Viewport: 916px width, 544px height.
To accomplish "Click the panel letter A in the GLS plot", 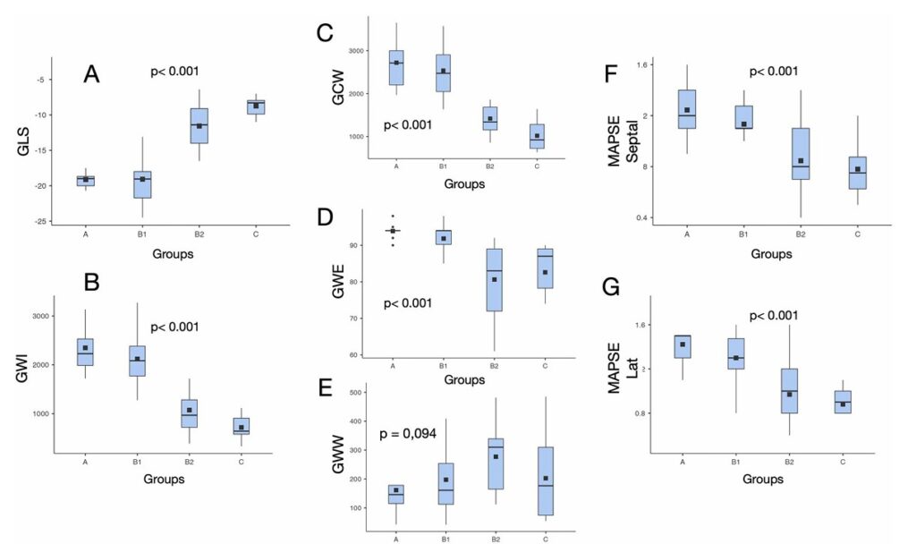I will click(91, 74).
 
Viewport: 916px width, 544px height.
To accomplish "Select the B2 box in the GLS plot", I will click(199, 125).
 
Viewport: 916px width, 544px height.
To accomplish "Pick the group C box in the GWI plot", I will click(242, 426).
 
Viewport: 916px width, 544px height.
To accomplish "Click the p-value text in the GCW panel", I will click(408, 124).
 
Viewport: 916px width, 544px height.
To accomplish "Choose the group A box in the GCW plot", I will click(396, 68).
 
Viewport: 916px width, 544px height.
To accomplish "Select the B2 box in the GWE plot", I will click(495, 279).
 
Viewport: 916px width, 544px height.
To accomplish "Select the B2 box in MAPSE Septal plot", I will click(801, 153).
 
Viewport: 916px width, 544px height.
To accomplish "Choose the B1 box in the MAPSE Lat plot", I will click(736, 353).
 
